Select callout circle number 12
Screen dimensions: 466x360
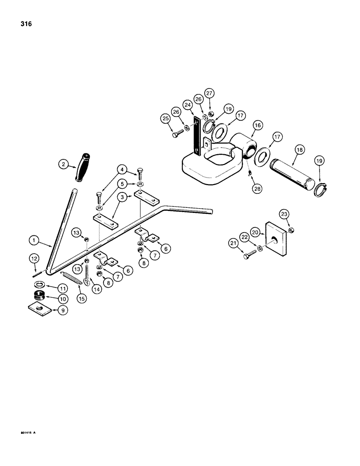pos(33,258)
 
